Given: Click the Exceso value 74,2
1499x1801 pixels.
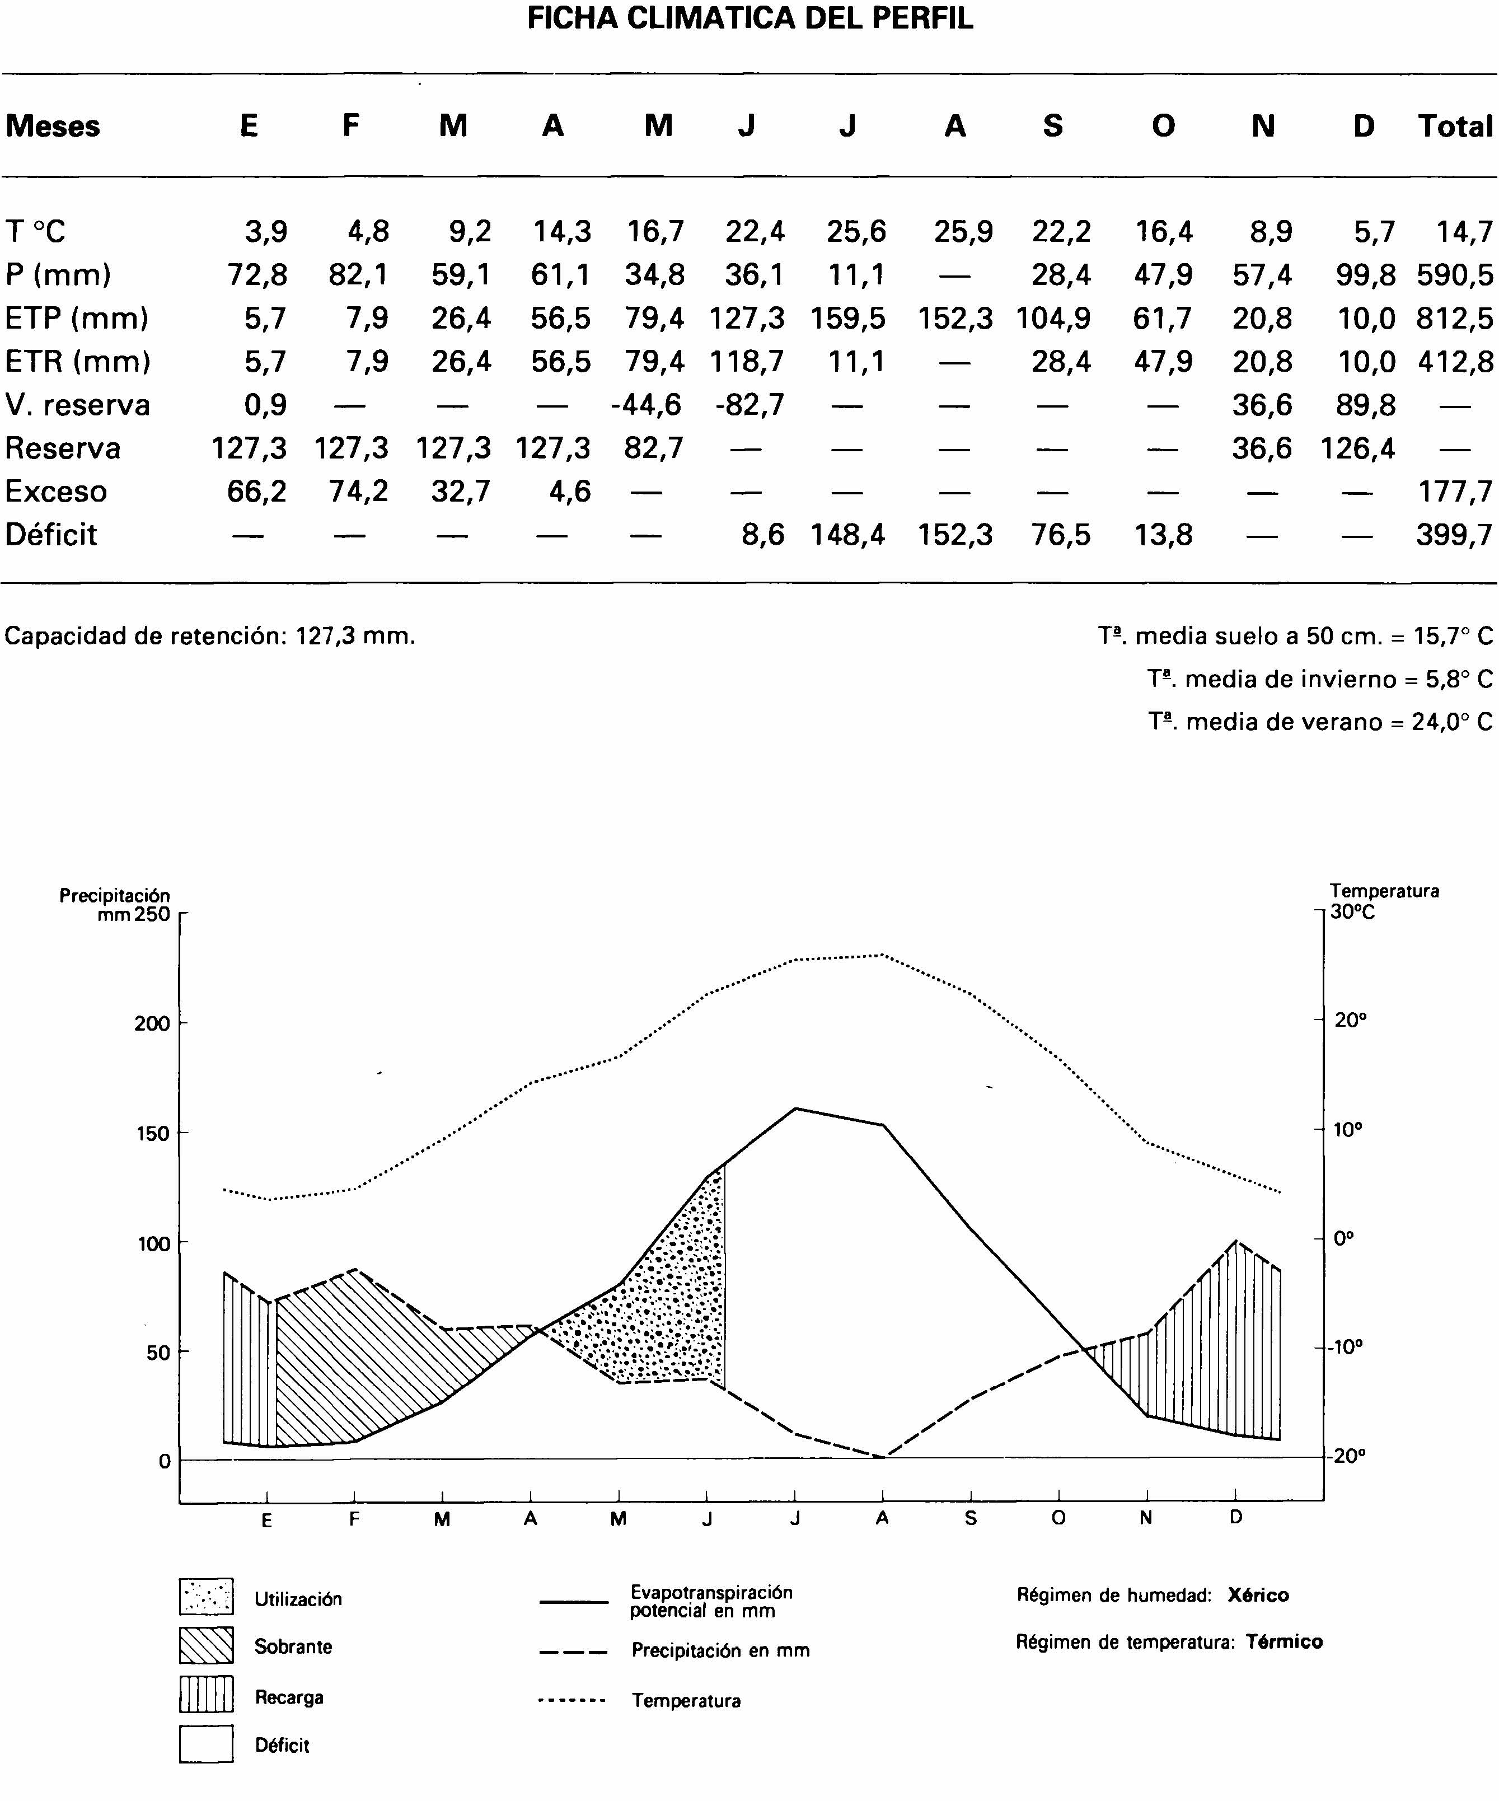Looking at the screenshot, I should point(358,492).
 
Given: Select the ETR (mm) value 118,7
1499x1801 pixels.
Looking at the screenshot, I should point(746,361).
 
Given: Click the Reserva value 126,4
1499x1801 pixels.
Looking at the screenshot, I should point(1357,448).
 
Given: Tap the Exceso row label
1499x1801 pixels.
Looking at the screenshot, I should point(56,492).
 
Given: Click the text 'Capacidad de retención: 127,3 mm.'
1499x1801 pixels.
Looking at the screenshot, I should point(210,635).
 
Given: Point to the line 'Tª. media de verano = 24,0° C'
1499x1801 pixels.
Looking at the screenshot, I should point(1320,721).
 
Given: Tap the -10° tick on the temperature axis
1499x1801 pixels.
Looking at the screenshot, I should point(1346,1346).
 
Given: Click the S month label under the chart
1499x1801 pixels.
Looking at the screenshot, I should point(970,1518).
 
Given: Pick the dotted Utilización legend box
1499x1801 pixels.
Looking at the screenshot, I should point(206,1597).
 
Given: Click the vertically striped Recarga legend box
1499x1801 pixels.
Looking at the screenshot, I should point(206,1695).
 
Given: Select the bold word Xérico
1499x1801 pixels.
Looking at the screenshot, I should point(1257,1595).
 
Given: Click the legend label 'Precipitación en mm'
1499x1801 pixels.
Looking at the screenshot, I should point(720,1650).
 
